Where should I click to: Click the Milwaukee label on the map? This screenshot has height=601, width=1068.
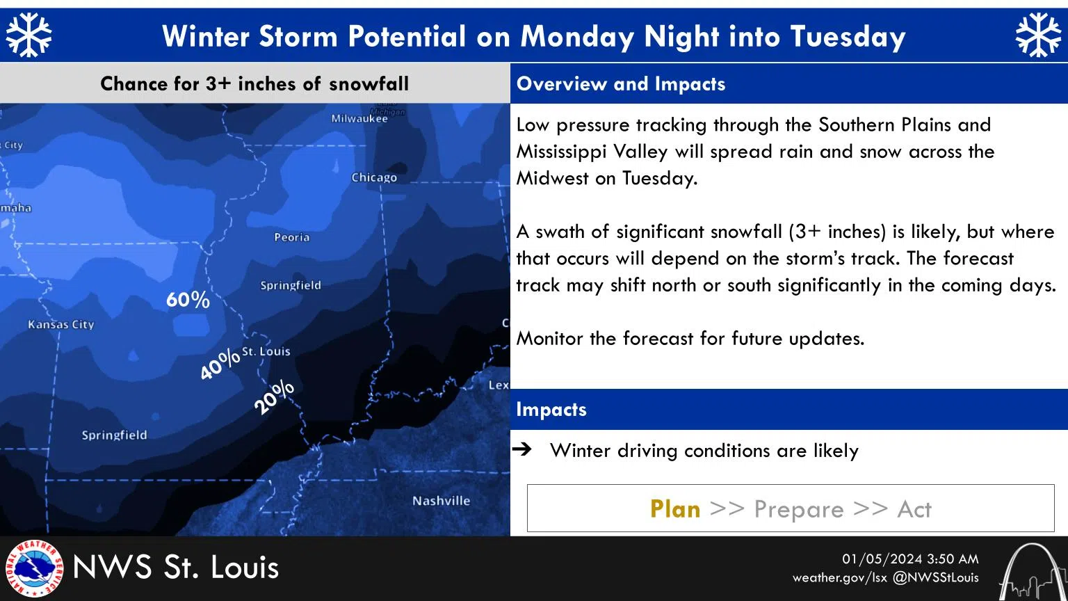pos(359,118)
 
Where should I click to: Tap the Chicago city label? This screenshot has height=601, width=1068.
pos(374,177)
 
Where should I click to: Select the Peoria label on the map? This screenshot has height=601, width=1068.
pos(292,237)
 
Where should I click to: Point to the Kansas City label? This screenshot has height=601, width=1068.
pos(61,324)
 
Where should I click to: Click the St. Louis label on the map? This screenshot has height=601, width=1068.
pos(266,351)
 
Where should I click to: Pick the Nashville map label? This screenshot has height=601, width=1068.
pos(441,501)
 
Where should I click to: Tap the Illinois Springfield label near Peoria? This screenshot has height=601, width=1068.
pos(291,285)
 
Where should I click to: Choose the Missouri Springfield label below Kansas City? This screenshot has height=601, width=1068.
pos(115,435)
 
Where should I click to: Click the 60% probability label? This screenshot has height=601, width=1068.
pos(188,300)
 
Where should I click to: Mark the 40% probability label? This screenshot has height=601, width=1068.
pos(220,364)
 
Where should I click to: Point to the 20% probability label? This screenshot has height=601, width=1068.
pos(274,398)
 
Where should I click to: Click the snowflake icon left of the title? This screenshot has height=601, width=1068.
pos(29,35)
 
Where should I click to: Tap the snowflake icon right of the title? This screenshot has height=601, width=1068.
pos(1038,35)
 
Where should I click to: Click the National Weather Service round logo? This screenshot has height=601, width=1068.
pos(33,568)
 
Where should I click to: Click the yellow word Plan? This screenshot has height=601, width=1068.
pos(675,509)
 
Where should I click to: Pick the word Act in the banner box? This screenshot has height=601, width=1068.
pos(914,509)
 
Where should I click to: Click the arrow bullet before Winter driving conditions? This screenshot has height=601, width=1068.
pos(521,449)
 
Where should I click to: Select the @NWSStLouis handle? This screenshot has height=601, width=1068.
pos(935,577)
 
